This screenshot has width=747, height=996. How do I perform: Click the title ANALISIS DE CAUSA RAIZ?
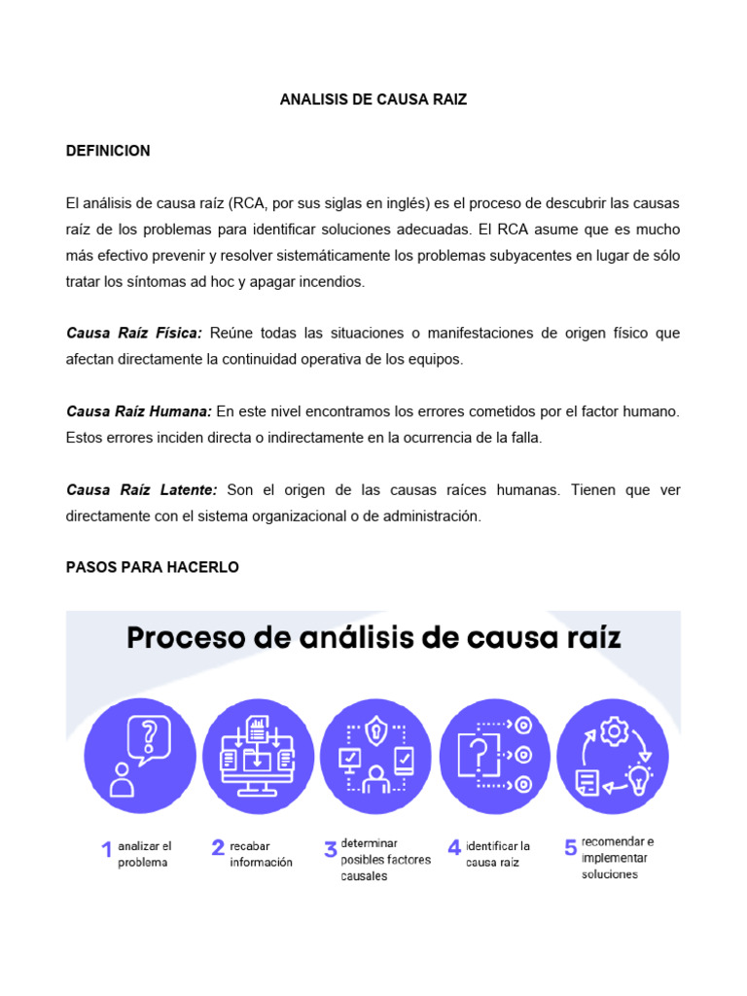(373, 100)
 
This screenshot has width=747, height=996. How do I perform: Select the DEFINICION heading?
(108, 152)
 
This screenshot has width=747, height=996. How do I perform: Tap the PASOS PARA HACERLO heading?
(152, 567)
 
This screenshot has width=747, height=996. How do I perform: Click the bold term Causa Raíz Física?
(134, 334)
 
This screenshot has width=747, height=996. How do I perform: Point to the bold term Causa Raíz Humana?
(139, 412)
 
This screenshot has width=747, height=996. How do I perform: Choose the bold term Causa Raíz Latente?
(141, 490)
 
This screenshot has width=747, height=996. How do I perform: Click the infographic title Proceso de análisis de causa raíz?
(373, 640)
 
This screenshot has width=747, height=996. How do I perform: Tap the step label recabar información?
(261, 855)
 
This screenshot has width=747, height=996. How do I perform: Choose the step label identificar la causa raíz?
(498, 854)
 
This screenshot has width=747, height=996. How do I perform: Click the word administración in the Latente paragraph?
(429, 516)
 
